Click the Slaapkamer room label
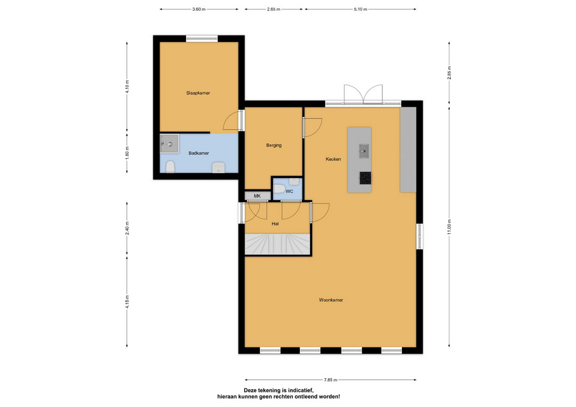198,94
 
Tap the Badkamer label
199,153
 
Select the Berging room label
274,145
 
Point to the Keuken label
333,159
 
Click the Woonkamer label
331,300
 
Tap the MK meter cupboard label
257,197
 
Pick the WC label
289,192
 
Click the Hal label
275,224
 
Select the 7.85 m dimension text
331,380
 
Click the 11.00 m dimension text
449,227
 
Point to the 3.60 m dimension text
199,9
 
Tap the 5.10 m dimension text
361,9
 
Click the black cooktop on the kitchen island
365,178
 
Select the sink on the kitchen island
364,151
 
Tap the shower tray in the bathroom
169,143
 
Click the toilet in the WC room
280,189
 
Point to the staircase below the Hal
278,244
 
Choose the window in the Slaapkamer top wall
202,38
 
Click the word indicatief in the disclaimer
299,390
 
